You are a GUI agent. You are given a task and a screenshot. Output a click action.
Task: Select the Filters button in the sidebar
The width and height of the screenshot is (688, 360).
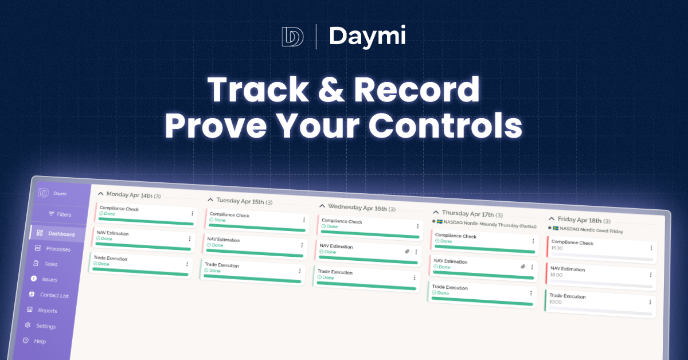[x=60, y=214]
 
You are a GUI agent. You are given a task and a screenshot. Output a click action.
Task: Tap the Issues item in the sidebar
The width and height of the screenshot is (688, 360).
[x=50, y=280]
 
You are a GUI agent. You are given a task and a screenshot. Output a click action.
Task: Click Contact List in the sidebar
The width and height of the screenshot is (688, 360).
[x=54, y=295]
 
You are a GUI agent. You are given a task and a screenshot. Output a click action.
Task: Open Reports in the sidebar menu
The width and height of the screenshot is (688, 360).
[x=48, y=311]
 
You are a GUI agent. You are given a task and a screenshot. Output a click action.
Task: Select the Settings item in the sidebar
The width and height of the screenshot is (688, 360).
[x=46, y=326]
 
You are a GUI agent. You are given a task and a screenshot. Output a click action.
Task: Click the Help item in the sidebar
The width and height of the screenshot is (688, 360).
[x=40, y=342]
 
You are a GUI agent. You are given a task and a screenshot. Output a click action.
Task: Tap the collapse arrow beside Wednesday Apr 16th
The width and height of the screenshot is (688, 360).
[x=322, y=206]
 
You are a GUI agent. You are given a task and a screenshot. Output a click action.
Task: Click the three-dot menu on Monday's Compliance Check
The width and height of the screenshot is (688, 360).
[x=192, y=213]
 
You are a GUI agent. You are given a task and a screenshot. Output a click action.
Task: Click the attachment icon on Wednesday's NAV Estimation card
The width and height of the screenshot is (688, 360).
[x=406, y=251]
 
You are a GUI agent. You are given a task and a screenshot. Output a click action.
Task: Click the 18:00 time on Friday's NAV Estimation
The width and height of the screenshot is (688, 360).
[x=556, y=275]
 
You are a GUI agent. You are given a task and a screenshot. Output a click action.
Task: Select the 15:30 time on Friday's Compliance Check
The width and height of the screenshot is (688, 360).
[x=557, y=248]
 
